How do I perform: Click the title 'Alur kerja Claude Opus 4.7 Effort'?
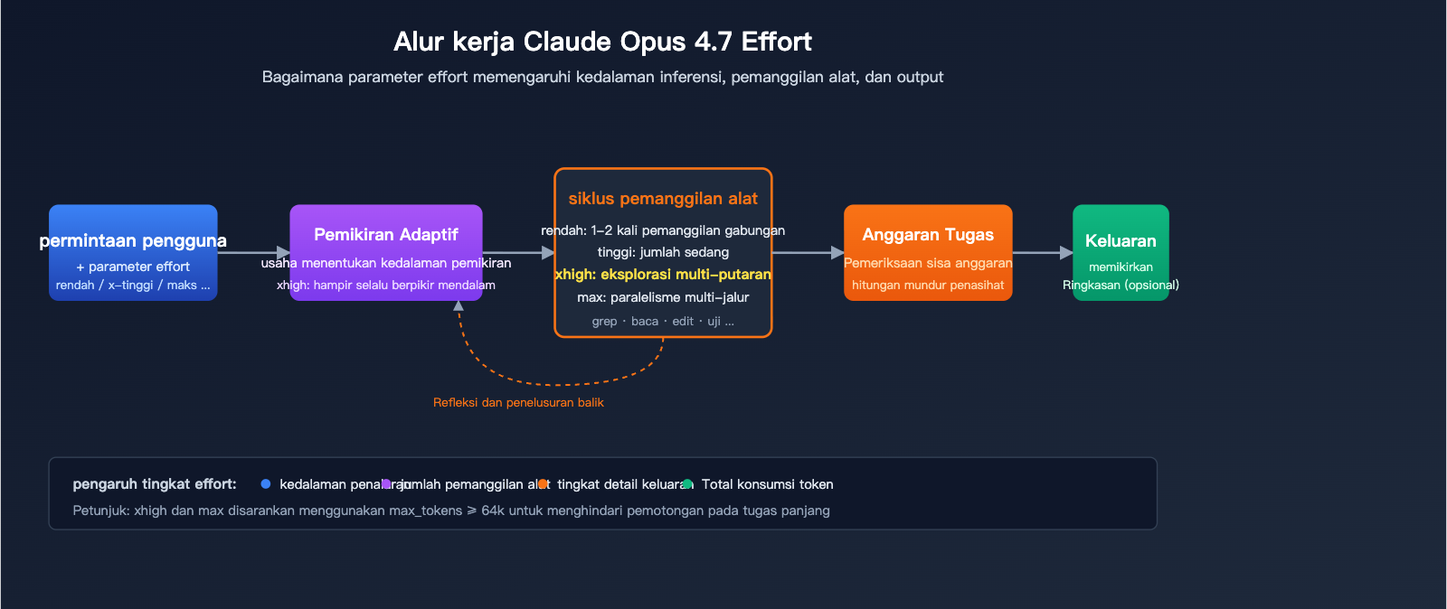602,42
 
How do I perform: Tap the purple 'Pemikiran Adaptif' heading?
386,235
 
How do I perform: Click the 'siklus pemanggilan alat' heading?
663,199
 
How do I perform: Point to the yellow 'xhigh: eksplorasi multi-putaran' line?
663,275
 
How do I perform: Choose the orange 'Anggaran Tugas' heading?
928,235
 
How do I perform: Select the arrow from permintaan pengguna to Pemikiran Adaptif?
253,253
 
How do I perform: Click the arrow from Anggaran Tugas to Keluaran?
1042,253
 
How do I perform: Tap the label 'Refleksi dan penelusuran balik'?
518,403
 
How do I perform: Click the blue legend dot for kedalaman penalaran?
265,484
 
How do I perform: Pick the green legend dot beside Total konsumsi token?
687,484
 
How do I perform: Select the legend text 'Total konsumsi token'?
767,484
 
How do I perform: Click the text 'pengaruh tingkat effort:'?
155,484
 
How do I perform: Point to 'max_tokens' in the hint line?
425,511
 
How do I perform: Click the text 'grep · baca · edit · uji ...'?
663,322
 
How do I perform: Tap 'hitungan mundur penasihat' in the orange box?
928,286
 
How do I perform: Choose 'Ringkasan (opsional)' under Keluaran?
1121,286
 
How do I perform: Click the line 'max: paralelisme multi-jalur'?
663,297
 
